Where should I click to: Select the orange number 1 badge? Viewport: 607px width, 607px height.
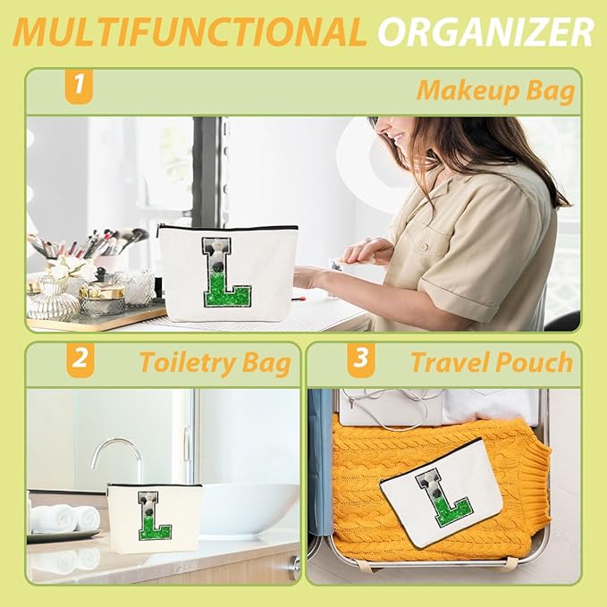click(79, 86)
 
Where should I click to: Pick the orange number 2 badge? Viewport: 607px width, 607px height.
click(80, 360)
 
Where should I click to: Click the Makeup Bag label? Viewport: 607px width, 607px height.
click(495, 91)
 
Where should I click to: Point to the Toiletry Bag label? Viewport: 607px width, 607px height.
click(215, 364)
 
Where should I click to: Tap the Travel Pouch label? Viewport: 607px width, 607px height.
click(492, 362)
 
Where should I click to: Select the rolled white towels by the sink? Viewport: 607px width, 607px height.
click(65, 518)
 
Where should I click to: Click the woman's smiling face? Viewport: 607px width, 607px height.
click(391, 136)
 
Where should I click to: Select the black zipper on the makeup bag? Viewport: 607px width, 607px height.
click(228, 228)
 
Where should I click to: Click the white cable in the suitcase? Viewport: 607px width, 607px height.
click(391, 407)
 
